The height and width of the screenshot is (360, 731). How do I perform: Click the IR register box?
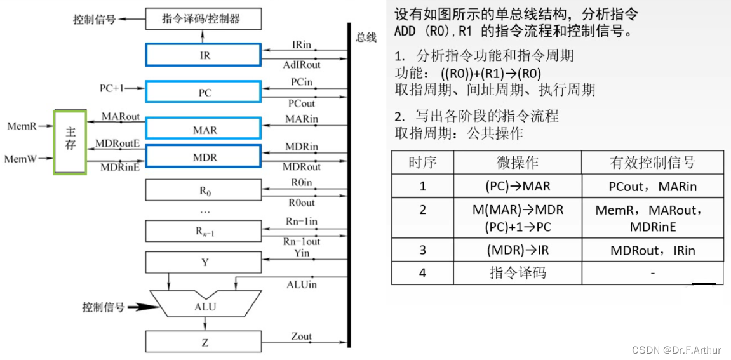click(204, 55)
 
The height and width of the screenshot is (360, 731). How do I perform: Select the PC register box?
click(204, 93)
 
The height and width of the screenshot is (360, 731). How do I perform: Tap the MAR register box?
click(204, 129)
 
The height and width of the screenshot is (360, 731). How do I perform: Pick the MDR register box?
click(204, 157)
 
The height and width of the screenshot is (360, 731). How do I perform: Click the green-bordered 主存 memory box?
click(70, 142)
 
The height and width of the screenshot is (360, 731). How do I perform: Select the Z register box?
click(204, 343)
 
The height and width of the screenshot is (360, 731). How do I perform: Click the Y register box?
click(204, 262)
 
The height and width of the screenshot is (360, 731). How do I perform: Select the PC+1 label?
click(112, 88)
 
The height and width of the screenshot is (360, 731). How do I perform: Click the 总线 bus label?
click(366, 37)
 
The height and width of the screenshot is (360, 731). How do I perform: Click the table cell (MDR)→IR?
click(518, 250)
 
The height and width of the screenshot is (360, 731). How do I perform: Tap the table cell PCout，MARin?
click(652, 187)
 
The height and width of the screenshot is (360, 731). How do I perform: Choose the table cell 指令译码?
click(518, 273)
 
